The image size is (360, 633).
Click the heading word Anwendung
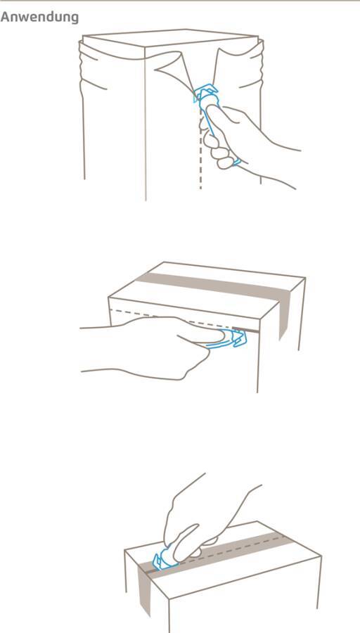[39, 18]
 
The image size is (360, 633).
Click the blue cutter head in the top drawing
[207, 94]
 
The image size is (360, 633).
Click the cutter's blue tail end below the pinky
[237, 162]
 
